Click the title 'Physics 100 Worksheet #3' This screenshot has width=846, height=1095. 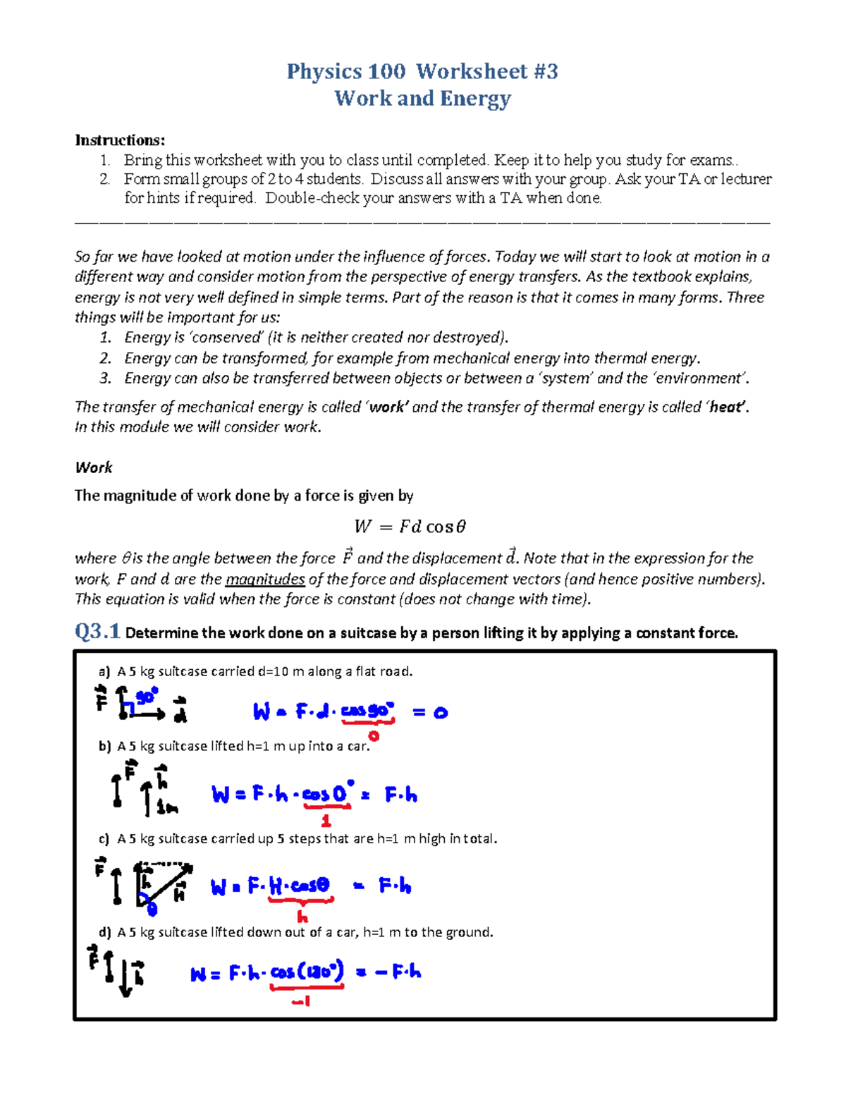point(422,71)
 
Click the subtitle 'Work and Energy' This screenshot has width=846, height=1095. point(422,98)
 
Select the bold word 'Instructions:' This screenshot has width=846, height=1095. point(120,140)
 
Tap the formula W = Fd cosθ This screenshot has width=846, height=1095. point(410,527)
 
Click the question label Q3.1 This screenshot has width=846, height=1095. point(97,631)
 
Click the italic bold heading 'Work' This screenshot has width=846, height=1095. point(94,467)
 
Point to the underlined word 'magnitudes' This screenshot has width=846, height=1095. point(265,579)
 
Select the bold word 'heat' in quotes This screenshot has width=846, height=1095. point(726,407)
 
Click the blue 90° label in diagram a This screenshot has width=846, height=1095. point(147,696)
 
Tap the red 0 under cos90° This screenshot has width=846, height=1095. point(374,736)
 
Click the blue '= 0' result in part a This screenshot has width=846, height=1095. point(430,712)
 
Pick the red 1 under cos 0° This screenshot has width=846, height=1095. point(326,821)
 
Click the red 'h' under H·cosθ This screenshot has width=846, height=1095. point(302,917)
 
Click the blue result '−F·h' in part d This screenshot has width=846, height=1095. point(398,972)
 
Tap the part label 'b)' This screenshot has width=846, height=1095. point(105,746)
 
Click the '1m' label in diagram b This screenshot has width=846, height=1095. point(167,808)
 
